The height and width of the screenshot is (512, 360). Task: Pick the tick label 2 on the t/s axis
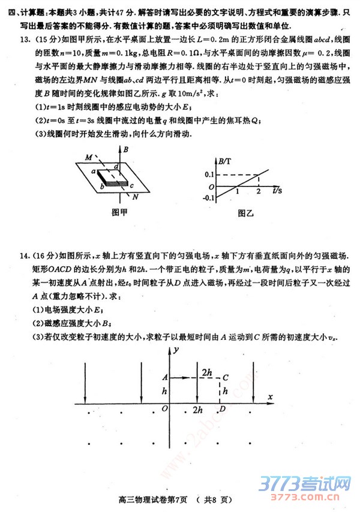[258, 191]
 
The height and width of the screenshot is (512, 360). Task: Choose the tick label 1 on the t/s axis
[238, 191]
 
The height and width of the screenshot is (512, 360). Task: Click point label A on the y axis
[164, 377]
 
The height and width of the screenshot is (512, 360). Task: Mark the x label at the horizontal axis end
[270, 397]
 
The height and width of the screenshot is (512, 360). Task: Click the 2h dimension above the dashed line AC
[206, 373]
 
